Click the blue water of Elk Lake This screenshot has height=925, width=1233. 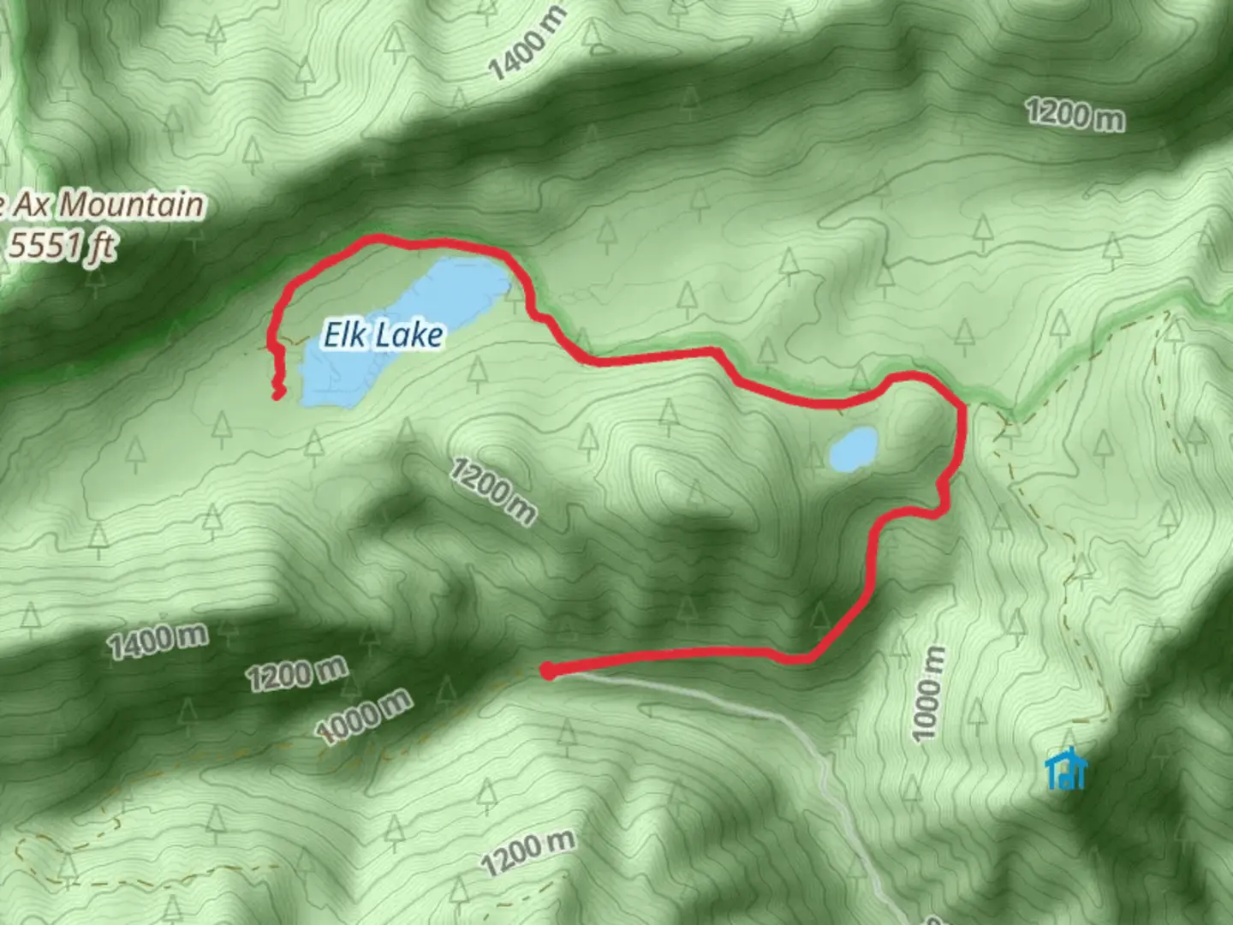coord(445,291)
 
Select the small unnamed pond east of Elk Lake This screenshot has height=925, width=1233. coord(853,449)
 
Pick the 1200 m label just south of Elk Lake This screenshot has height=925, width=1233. coord(492,490)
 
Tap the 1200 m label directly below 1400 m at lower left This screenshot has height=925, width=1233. coord(296,673)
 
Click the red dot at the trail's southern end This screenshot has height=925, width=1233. coord(548,671)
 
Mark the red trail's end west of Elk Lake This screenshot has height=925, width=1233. coord(277,393)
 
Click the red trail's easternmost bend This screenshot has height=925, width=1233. coord(964,420)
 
